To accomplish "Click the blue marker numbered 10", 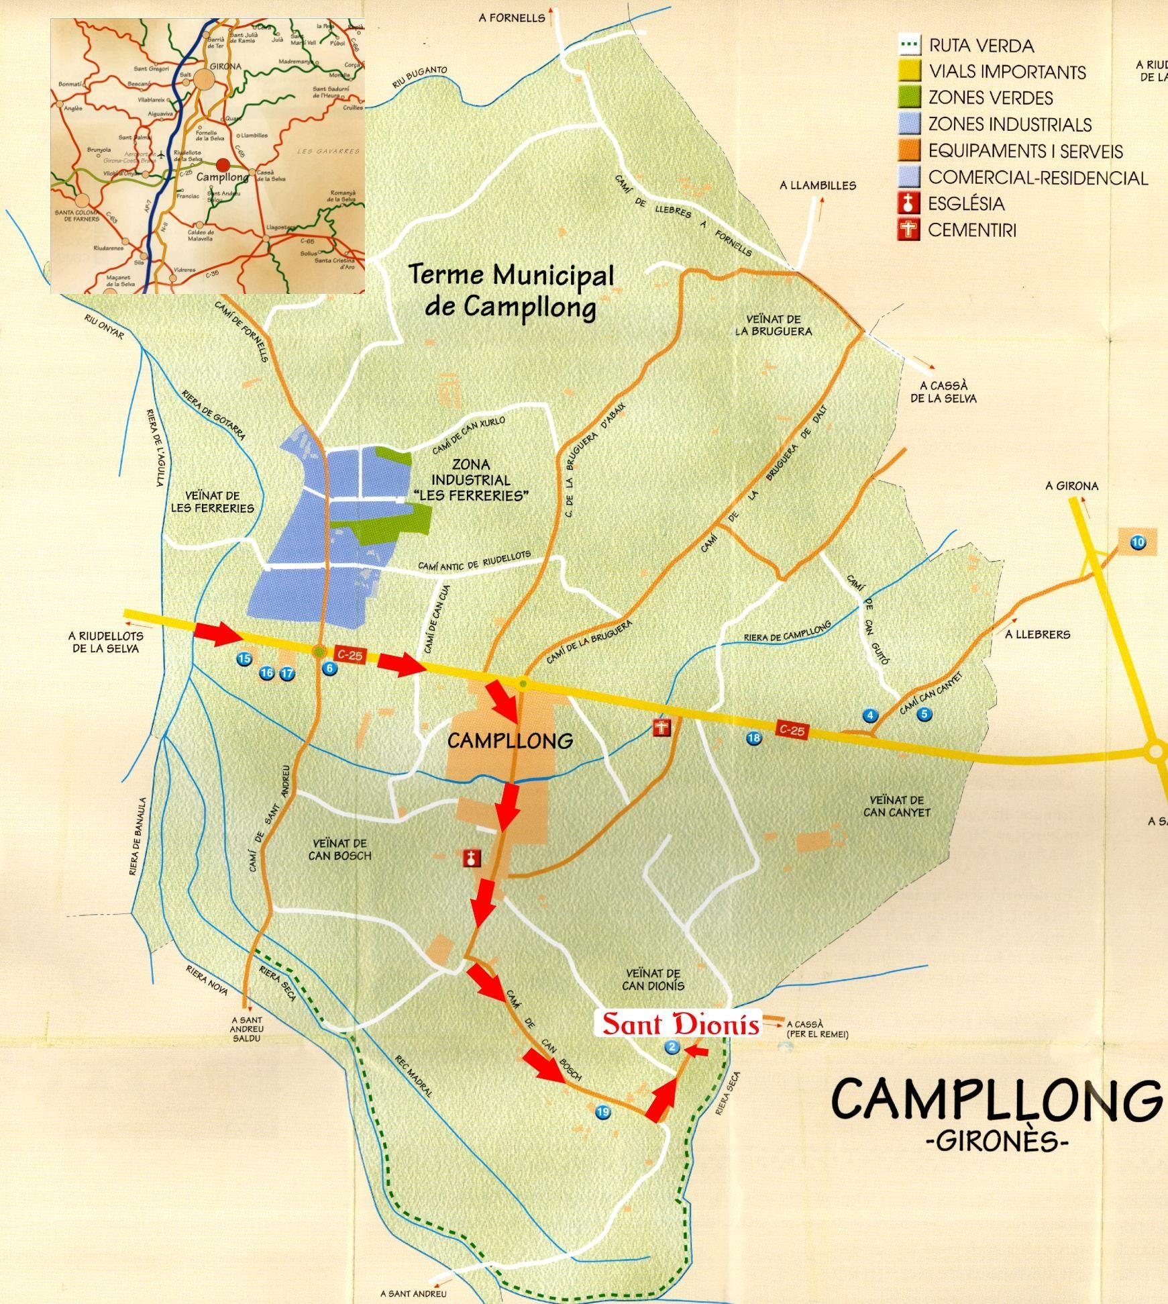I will (1138, 542).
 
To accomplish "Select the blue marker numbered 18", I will (754, 738).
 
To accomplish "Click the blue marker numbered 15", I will (244, 659).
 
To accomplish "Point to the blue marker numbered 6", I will (329, 668).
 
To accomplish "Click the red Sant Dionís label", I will (680, 1025).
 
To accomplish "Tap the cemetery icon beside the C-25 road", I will (663, 728).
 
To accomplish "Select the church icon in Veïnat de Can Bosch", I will (472, 858).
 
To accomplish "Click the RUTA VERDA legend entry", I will (981, 46).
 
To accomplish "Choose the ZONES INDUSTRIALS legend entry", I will (1010, 124).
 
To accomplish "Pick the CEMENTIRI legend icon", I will (909, 230).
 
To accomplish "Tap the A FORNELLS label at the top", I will (512, 18).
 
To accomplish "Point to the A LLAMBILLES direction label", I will (818, 185).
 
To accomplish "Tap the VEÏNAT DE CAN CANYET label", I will (897, 806).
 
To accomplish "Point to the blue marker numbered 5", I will (924, 714).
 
